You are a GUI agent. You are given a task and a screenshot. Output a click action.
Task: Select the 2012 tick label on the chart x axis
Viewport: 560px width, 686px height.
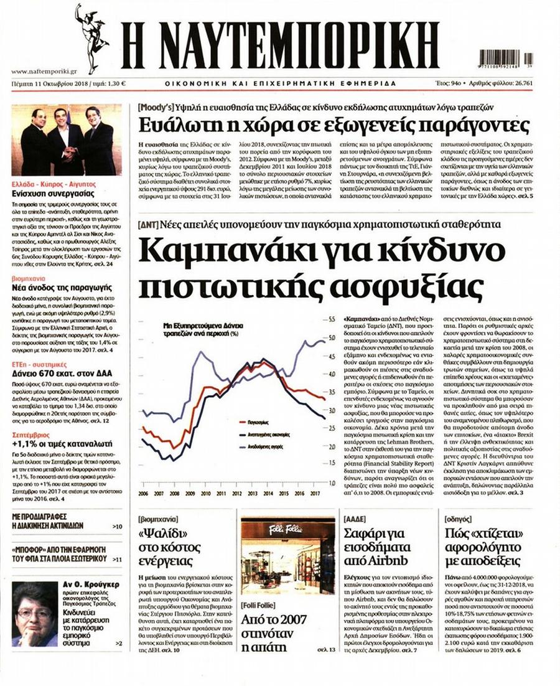[237, 493]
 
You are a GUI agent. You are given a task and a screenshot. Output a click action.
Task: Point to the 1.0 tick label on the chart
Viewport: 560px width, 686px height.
[331, 482]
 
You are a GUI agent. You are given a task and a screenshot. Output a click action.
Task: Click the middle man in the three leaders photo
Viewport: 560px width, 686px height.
[65, 140]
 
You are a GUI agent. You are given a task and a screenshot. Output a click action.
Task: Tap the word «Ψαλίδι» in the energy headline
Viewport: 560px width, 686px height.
[163, 533]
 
